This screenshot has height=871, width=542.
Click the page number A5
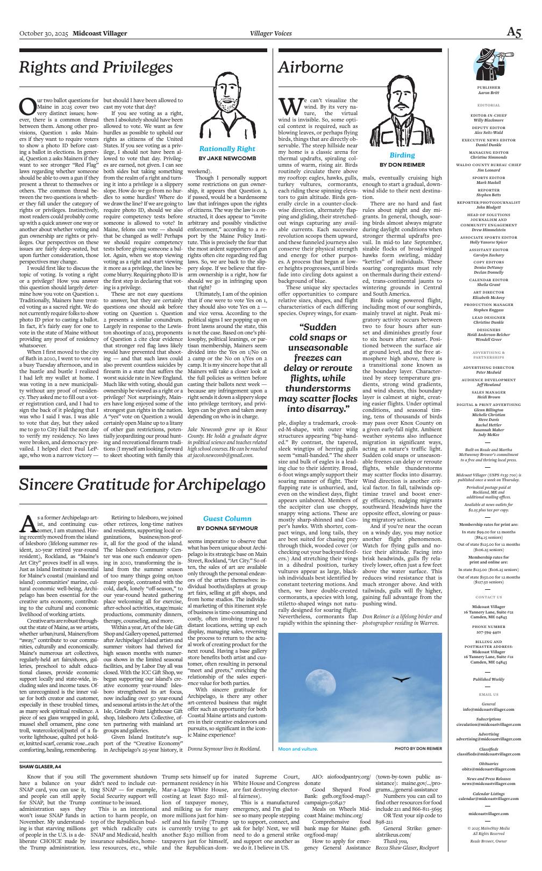pos(514,33)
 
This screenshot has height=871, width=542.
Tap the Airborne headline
pos(310,67)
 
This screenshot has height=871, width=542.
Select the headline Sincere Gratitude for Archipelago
pos(139,484)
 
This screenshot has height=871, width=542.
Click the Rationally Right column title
pos(227,149)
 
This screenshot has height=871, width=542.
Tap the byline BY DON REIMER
pos(402,165)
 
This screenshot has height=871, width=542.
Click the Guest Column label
pos(227,519)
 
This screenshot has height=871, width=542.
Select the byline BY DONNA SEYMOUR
pos(227,529)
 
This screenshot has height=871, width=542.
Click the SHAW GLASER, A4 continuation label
pos(40,766)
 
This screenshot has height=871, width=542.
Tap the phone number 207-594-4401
pos(488,633)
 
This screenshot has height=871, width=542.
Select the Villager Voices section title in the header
pos(271,33)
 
